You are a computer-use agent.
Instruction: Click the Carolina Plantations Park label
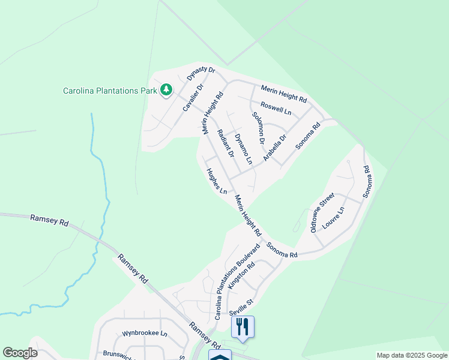pyautogui.click(x=110, y=91)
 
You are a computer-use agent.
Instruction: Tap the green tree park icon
pyautogui.click(x=166, y=91)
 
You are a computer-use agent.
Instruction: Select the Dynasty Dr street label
pyautogui.click(x=200, y=73)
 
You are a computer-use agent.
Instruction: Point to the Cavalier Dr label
pyautogui.click(x=193, y=98)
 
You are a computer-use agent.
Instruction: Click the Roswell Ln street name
pyautogui.click(x=276, y=109)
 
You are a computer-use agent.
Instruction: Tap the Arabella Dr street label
pyautogui.click(x=275, y=148)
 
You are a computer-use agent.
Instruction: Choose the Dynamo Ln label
pyautogui.click(x=242, y=149)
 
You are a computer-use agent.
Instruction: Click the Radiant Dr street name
pyautogui.click(x=225, y=143)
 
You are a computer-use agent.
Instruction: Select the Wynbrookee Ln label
pyautogui.click(x=144, y=333)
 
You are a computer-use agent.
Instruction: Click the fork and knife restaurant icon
pyautogui.click(x=243, y=326)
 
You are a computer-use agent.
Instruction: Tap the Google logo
pyautogui.click(x=20, y=353)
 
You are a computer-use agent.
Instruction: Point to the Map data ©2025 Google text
pyautogui.click(x=412, y=355)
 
